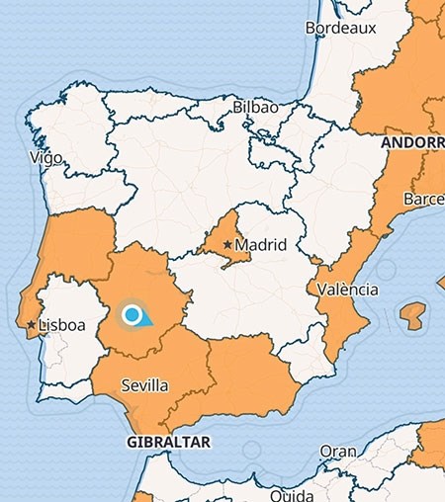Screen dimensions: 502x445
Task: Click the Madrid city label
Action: coord(261,245)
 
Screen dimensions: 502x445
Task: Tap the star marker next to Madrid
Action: coord(227,244)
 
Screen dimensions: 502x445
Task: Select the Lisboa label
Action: coord(61,325)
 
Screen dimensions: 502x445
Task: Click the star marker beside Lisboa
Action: coord(32,324)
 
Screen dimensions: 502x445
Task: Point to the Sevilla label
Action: coord(143,385)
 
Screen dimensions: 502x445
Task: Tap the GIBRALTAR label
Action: coord(169,443)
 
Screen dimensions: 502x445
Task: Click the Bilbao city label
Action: coord(256,107)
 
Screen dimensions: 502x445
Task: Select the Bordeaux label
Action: coord(341,29)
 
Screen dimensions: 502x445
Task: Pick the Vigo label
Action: coord(46,157)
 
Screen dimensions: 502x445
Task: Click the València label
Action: coord(348,290)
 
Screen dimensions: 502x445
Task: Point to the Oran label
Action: coord(337,451)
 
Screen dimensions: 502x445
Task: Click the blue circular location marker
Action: coord(132,315)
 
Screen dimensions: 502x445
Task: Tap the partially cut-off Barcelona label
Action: coord(422,200)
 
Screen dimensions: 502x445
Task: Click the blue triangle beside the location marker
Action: coord(145,319)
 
